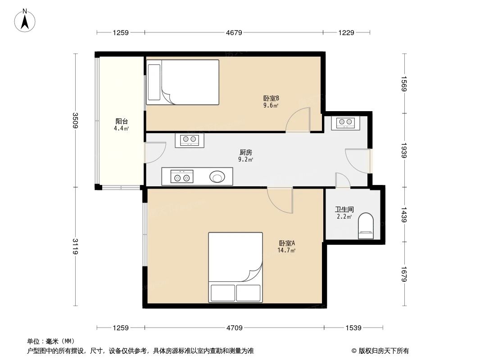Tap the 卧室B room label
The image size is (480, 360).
[x=271, y=98]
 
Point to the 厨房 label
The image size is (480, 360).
[x=245, y=152]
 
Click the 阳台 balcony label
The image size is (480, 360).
[x=122, y=121]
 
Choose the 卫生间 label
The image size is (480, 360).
[x=344, y=209]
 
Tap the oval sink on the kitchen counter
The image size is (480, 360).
[x=217, y=176]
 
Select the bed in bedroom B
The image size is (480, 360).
[x=182, y=82]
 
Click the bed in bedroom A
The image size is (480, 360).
[x=235, y=267]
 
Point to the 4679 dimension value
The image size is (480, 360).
[x=234, y=32]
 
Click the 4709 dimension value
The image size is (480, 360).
[x=234, y=328]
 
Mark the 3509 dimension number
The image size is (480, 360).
[x=75, y=120]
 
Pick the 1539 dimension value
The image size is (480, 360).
[x=353, y=328]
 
